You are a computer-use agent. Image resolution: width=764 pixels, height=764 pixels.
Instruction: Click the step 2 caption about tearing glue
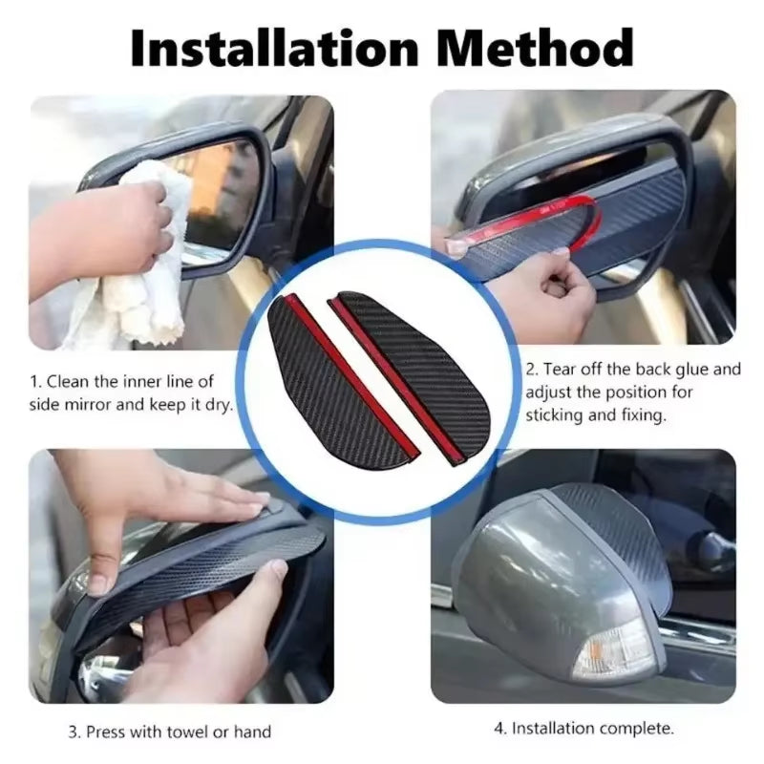pyautogui.click(x=632, y=393)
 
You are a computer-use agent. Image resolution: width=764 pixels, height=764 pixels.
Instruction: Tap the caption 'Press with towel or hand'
pyautogui.click(x=169, y=732)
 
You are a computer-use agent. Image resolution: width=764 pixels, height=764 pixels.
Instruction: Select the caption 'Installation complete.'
pyautogui.click(x=584, y=728)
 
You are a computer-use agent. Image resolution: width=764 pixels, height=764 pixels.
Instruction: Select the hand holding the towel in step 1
pyautogui.click(x=95, y=229)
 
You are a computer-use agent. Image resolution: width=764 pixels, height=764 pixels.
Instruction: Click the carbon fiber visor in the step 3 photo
pyautogui.click(x=191, y=573)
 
